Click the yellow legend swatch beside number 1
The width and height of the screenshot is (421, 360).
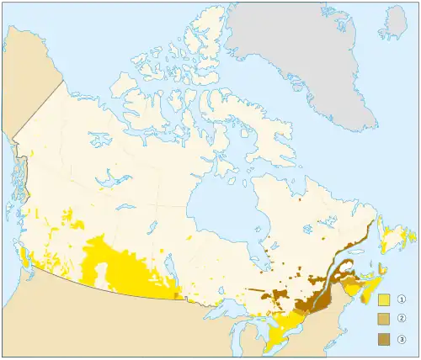point(384,299)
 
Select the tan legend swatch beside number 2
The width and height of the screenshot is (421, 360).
point(384,319)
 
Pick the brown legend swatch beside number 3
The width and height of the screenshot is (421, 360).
point(384,339)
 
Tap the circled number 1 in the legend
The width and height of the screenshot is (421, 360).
point(402,299)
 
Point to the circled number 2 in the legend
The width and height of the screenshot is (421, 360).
point(402,319)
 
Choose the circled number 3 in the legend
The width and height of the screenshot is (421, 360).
point(402,339)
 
